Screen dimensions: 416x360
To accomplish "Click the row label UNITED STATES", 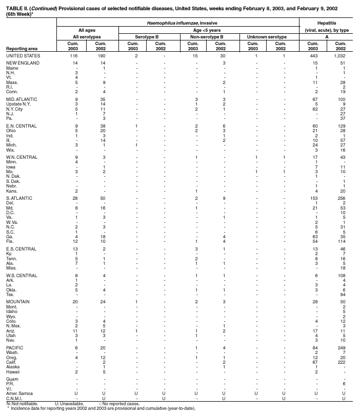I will (19, 55).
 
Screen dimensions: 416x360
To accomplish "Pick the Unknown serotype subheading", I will (267, 37).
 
